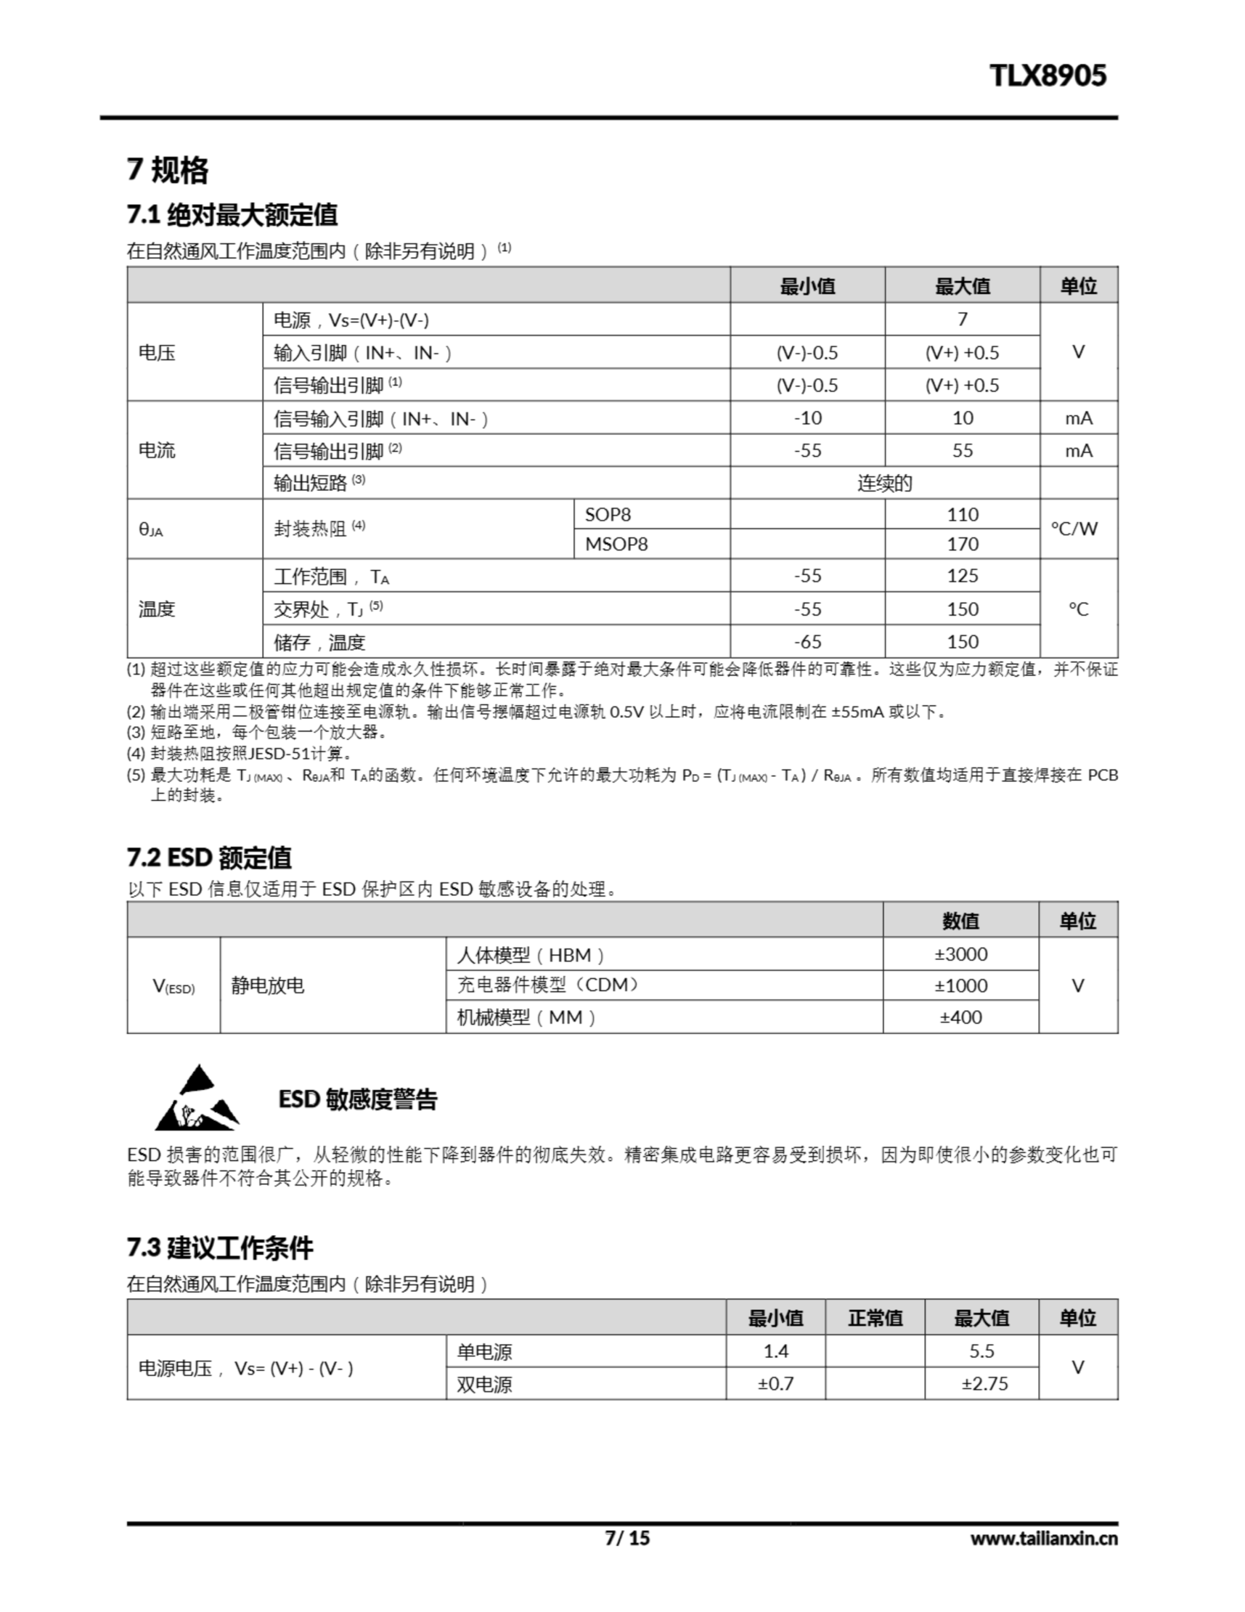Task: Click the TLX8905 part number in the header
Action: [x=1047, y=76]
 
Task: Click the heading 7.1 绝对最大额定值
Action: [x=232, y=215]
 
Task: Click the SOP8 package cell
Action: [x=607, y=514]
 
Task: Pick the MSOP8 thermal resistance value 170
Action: [x=962, y=544]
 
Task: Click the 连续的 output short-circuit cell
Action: [x=884, y=484]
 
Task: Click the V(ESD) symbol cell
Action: [x=174, y=986]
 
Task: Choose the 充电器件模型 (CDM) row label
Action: [x=547, y=985]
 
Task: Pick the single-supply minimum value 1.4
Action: [x=775, y=1351]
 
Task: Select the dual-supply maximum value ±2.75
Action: [x=984, y=1383]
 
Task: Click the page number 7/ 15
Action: [x=628, y=1538]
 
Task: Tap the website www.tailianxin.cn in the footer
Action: [x=1044, y=1538]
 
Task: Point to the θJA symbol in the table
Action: [x=150, y=529]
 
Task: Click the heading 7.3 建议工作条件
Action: [x=220, y=1247]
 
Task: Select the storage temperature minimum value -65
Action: [x=808, y=642]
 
